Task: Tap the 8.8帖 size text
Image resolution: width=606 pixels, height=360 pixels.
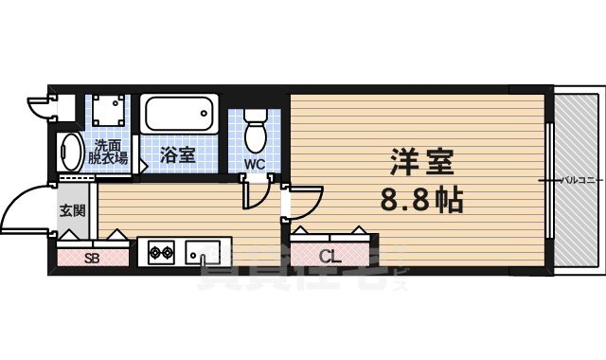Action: [x=421, y=202]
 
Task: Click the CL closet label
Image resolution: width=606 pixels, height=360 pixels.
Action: [x=330, y=256]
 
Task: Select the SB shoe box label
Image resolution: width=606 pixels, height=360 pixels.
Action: [x=92, y=257]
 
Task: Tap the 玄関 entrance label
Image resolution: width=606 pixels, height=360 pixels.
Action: [x=72, y=209]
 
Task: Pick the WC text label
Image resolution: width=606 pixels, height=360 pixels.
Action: [x=255, y=164]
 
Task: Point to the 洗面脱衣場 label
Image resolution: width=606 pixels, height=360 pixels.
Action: [x=109, y=153]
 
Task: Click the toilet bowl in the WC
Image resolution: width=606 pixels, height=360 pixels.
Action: [x=256, y=133]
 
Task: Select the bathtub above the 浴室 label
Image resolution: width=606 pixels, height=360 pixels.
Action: [x=178, y=117]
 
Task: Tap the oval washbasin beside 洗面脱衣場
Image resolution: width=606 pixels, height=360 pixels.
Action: [x=71, y=153]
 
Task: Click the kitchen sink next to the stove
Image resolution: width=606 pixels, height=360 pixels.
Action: [x=202, y=253]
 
